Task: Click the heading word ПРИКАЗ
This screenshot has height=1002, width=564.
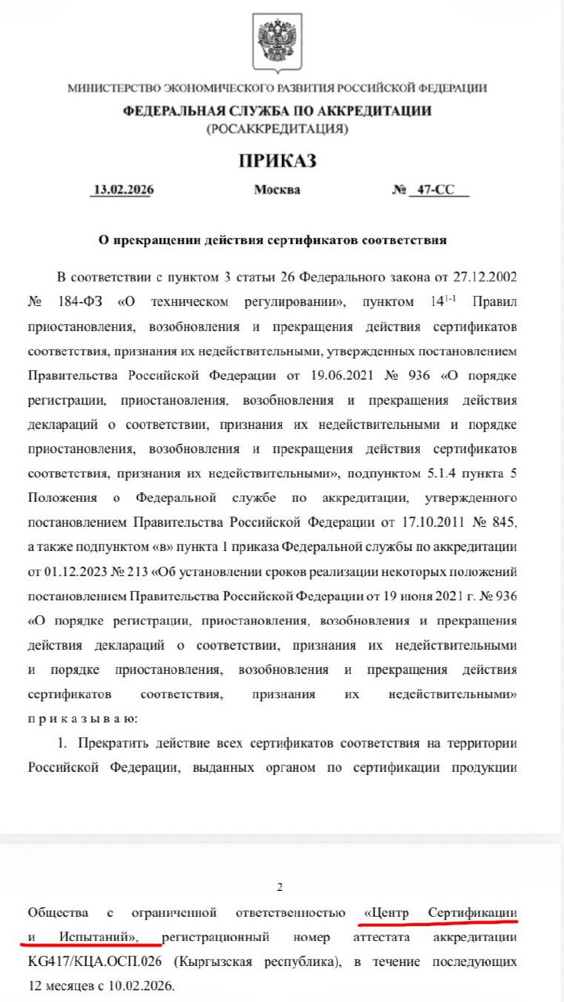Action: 277,161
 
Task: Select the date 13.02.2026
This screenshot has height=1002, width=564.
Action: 121,189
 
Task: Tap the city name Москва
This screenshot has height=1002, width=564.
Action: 277,189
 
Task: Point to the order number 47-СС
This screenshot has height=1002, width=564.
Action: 439,189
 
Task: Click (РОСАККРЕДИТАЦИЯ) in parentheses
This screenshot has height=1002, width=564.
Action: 277,128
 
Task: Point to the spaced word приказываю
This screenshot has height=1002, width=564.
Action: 82,716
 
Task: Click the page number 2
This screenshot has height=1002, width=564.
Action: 280,887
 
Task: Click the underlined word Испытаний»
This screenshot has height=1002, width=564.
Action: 98,936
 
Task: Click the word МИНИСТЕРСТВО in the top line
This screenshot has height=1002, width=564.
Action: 113,88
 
